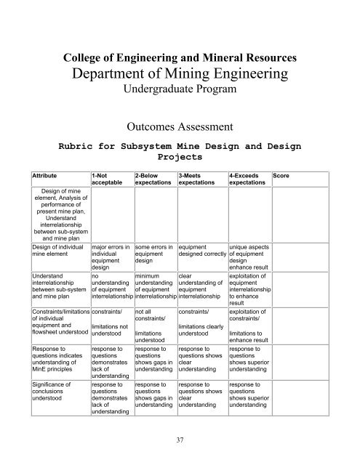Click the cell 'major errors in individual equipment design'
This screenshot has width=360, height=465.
(x=111, y=259)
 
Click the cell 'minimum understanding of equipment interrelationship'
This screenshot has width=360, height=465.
(x=156, y=288)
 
